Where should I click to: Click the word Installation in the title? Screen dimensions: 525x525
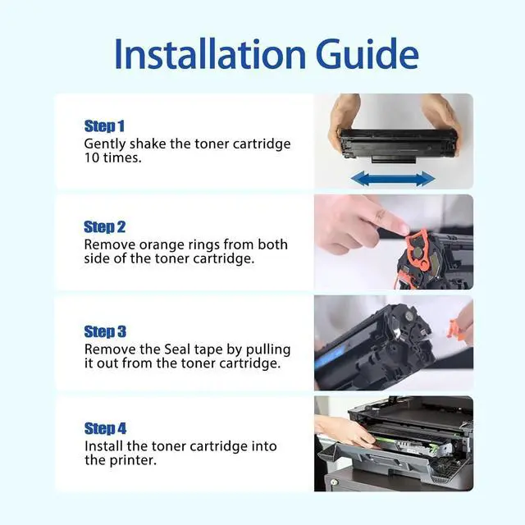pos(210,54)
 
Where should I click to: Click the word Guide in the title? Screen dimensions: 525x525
pos(367,54)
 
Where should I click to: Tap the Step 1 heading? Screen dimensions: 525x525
pos(104,126)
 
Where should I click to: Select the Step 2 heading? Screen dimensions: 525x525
pos(104,227)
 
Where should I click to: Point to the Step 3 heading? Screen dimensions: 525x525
pos(105,331)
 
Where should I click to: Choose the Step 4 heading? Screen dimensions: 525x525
pos(105,428)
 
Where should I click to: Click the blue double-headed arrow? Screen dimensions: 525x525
pos(393,179)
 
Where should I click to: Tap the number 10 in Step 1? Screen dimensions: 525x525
pos(92,157)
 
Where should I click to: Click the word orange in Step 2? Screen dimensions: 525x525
pos(162,245)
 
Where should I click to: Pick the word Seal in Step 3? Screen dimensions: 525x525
pos(177,349)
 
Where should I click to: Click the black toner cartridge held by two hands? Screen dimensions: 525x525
pos(398,145)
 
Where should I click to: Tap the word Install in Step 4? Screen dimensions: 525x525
pos(104,446)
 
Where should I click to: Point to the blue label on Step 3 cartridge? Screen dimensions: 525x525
pos(330,356)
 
